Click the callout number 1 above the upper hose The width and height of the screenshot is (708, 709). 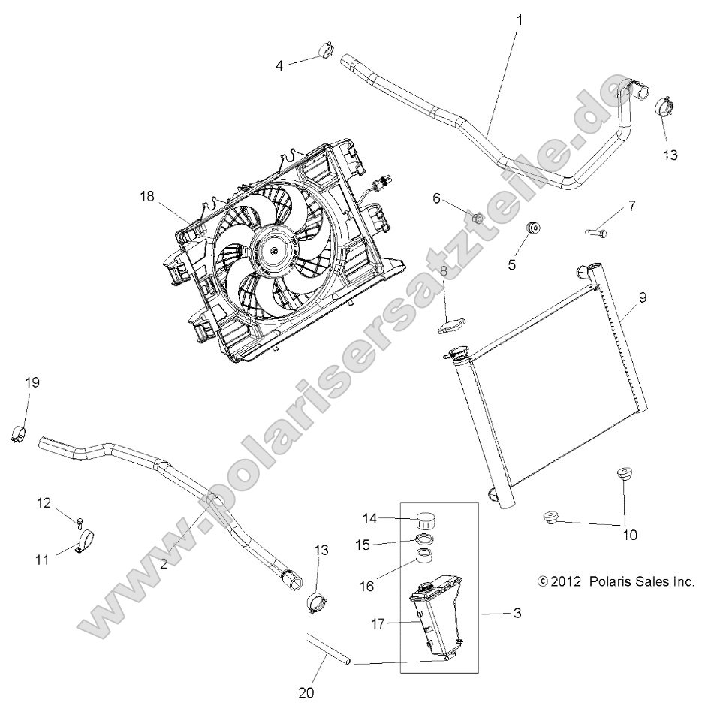tap(519, 20)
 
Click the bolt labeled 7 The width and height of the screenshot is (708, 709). tap(597, 232)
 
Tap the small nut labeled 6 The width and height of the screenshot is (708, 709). tap(478, 219)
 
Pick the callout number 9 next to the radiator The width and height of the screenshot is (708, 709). tap(643, 297)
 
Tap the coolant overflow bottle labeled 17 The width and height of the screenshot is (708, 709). tap(436, 614)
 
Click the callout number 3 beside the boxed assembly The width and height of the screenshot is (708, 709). tap(517, 614)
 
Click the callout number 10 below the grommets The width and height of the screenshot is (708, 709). tap(628, 536)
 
